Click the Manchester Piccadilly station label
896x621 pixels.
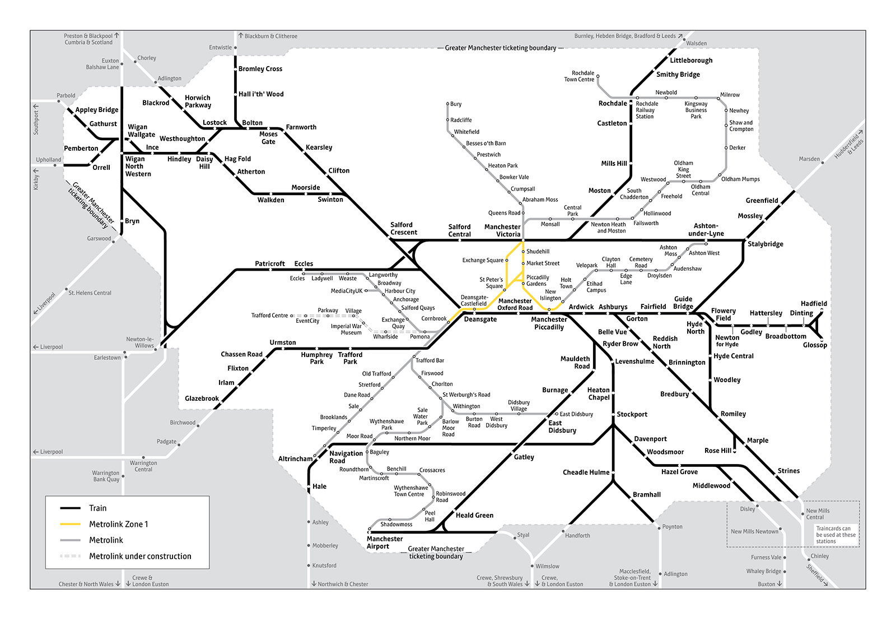coord(549,323)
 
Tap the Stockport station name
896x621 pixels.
coord(632,415)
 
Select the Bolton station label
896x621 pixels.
coord(252,123)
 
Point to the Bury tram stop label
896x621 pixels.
coord(456,104)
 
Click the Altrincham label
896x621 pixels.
coord(295,459)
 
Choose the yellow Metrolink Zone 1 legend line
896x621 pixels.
coord(71,525)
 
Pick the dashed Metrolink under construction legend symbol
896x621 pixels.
coord(71,557)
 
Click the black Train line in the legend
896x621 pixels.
coord(71,508)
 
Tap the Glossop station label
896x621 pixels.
coord(814,345)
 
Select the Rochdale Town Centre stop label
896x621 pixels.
coord(579,76)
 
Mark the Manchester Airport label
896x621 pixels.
coord(385,543)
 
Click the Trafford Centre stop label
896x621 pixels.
coord(269,316)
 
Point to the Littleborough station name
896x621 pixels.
coord(691,61)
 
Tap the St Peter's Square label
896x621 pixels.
coord(491,282)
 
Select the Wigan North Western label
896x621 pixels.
coord(138,166)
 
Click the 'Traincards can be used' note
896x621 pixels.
coord(836,535)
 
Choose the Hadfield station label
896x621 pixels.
coord(813,304)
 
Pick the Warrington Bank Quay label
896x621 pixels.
coord(106,476)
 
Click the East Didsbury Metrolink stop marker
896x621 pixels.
coord(556,414)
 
